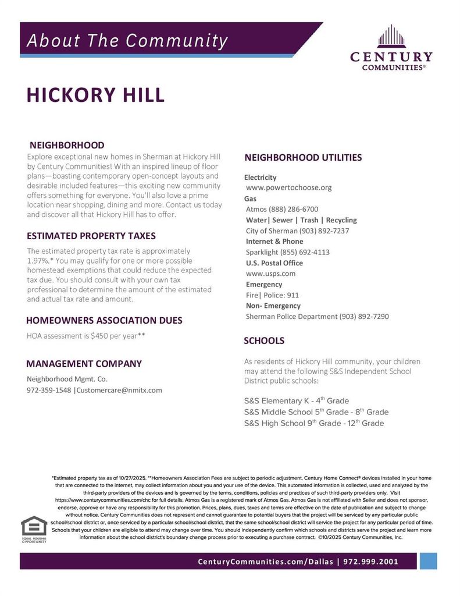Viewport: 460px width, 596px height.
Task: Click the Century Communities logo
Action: click(391, 48)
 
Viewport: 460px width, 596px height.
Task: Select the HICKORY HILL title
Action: click(96, 95)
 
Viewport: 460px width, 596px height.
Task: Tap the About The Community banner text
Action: click(127, 41)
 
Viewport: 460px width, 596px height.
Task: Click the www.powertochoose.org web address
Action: click(289, 187)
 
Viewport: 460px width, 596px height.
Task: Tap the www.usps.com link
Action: click(271, 273)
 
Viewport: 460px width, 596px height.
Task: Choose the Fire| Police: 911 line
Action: click(272, 295)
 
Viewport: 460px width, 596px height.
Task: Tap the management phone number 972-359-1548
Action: click(49, 390)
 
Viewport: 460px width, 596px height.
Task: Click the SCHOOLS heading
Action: click(264, 340)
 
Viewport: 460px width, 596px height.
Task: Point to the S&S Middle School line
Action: click(316, 412)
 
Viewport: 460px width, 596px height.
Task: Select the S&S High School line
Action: click(314, 423)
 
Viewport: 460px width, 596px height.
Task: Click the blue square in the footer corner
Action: click(428, 561)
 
